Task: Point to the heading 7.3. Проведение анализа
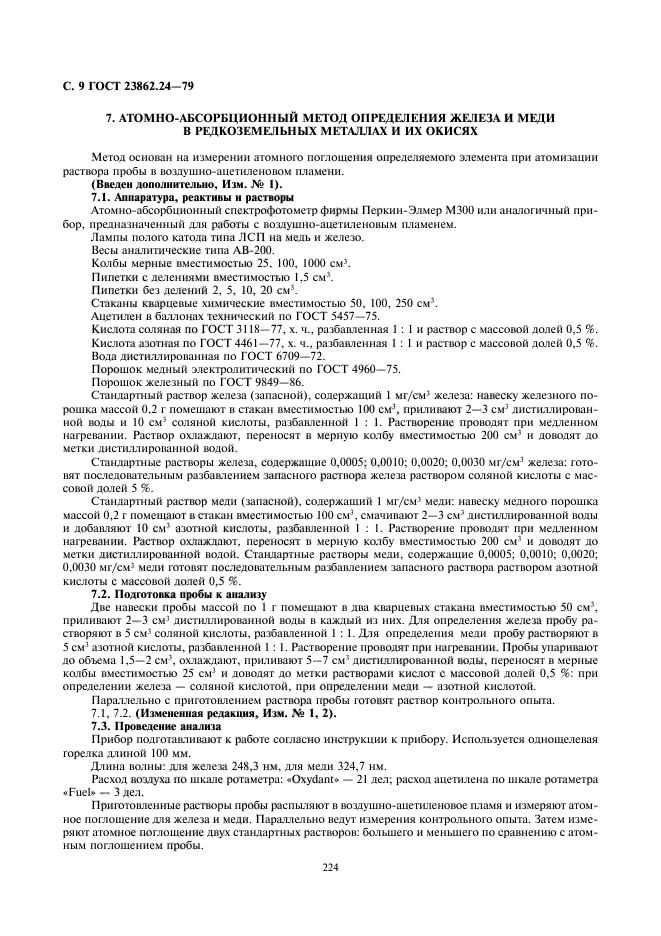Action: pyautogui.click(x=149, y=725)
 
